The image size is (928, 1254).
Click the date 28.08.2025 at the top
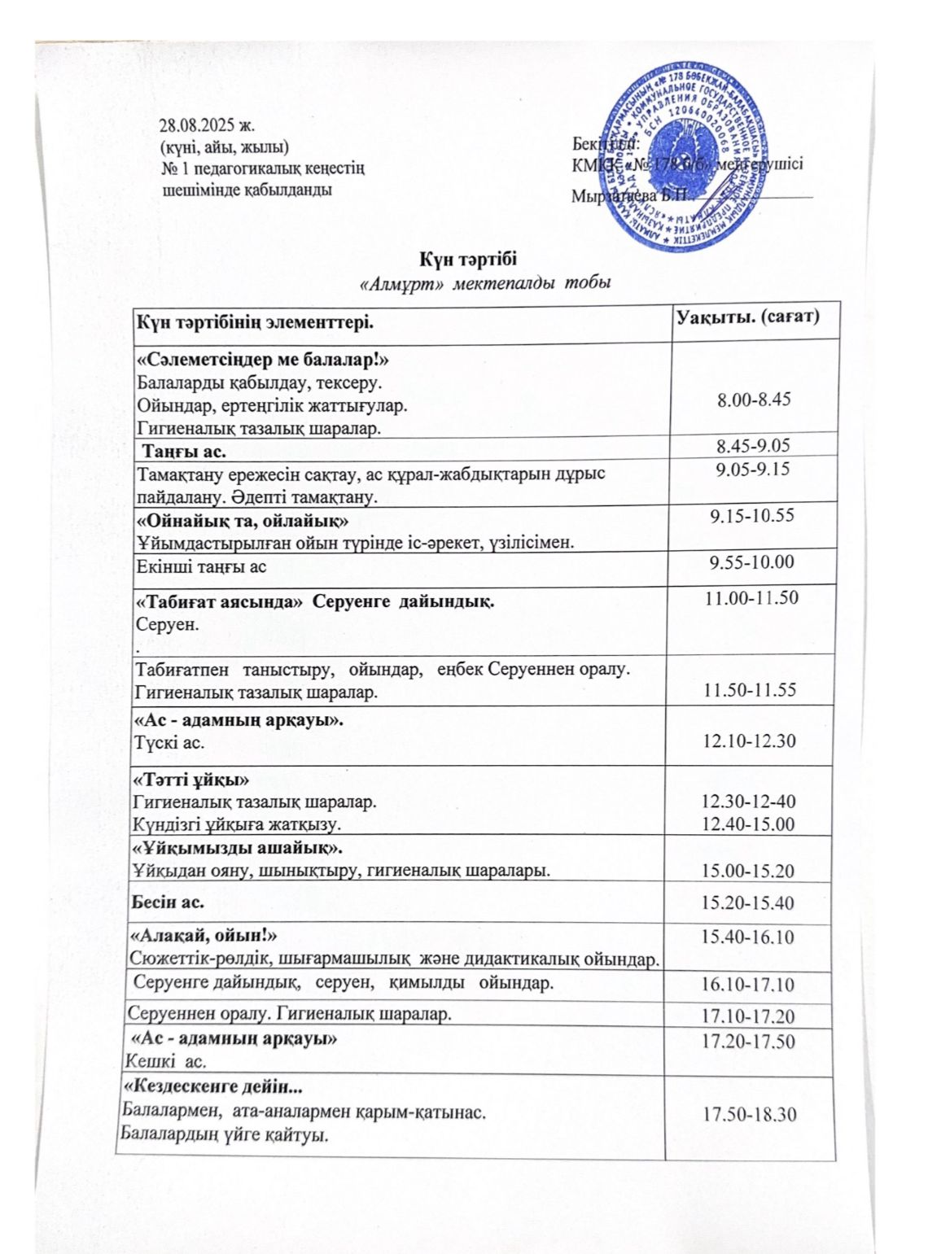[207, 125]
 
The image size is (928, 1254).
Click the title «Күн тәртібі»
[469, 260]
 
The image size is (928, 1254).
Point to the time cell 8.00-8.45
[754, 399]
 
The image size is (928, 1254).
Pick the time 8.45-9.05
[753, 445]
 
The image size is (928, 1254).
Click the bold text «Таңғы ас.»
[185, 451]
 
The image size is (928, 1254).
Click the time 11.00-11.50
[751, 598]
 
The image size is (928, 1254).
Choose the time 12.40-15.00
[748, 824]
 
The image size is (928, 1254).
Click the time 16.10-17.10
[748, 985]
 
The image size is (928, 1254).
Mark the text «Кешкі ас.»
[165, 1061]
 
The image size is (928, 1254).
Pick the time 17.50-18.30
[748, 1113]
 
